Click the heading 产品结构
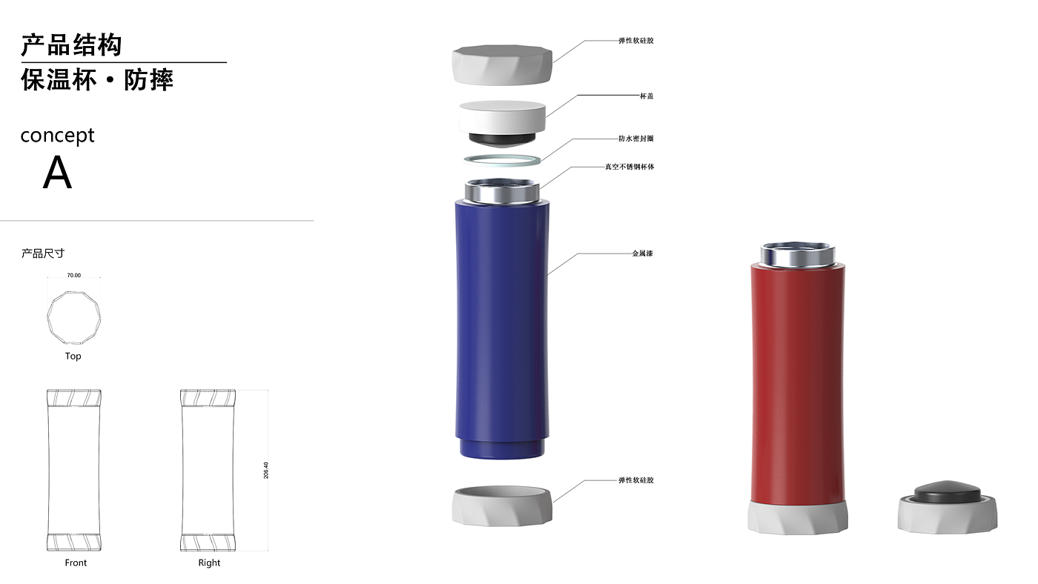(x=71, y=45)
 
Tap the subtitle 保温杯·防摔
(x=97, y=79)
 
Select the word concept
(x=58, y=135)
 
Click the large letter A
(x=58, y=173)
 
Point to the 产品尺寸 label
(x=43, y=253)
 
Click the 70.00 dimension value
(x=73, y=275)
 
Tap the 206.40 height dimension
(x=266, y=470)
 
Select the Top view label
(x=73, y=356)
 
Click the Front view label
(x=76, y=563)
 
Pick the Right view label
(x=209, y=563)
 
